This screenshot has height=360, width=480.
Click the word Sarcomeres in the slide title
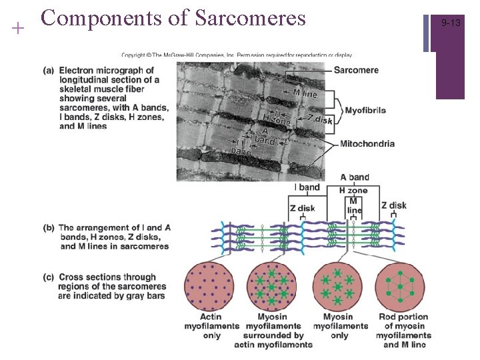click(x=250, y=18)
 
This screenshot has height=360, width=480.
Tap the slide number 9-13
click(x=451, y=23)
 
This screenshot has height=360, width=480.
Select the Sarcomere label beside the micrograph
click(x=356, y=70)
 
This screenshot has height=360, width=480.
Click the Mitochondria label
click(x=367, y=143)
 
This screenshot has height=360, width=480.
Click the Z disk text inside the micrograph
click(x=319, y=119)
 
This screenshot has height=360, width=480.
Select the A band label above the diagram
click(x=355, y=177)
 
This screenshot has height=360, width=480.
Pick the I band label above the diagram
click(x=307, y=188)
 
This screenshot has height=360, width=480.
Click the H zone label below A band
click(x=353, y=190)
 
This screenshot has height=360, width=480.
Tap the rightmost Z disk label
click(x=393, y=205)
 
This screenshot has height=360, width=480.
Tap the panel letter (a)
click(x=49, y=71)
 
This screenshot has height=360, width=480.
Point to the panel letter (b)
click(x=49, y=228)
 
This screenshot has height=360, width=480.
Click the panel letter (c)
click(x=49, y=277)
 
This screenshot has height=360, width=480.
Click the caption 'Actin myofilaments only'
click(x=211, y=326)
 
